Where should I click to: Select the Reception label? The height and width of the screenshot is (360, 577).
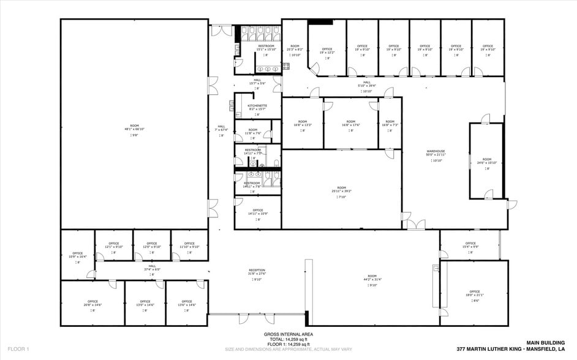coord(257,271)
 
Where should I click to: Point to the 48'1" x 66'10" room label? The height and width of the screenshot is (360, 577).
coord(134,127)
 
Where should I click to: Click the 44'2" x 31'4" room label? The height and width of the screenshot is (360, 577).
coord(372,277)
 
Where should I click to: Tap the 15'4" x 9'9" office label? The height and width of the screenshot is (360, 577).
coord(470,245)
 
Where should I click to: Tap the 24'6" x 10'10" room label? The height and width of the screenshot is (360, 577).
coord(487,161)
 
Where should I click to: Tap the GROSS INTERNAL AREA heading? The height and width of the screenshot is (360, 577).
coord(288,334)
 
